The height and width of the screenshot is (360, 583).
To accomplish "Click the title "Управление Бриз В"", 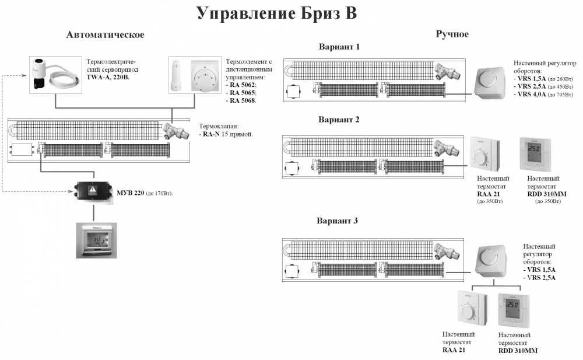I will (276, 14).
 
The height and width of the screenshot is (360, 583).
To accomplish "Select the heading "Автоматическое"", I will (106, 35).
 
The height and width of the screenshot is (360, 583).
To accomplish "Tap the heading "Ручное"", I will (452, 34).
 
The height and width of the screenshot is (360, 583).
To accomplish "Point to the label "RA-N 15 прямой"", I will (228, 134).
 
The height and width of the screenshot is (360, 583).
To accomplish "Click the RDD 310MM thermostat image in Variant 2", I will (535, 154).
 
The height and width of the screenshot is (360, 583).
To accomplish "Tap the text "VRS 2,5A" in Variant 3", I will (540, 278).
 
